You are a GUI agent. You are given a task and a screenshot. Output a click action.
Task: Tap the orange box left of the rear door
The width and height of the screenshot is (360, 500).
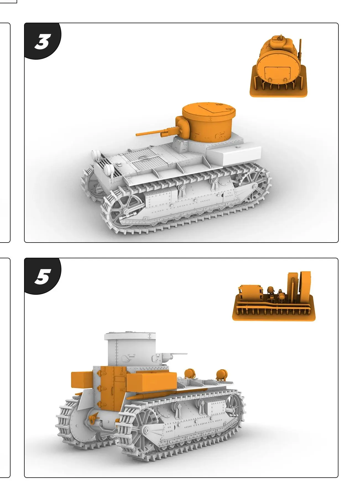(x=82, y=380)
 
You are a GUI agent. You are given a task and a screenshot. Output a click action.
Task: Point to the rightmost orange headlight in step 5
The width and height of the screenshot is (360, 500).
(x=221, y=374)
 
